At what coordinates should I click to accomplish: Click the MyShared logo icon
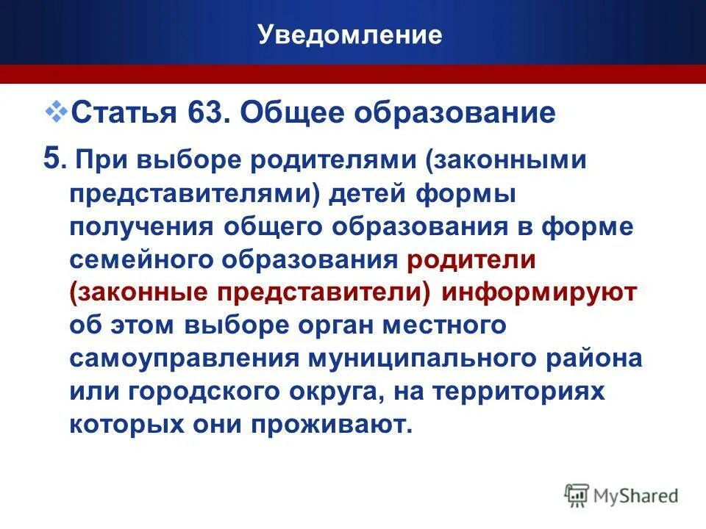(577, 494)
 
